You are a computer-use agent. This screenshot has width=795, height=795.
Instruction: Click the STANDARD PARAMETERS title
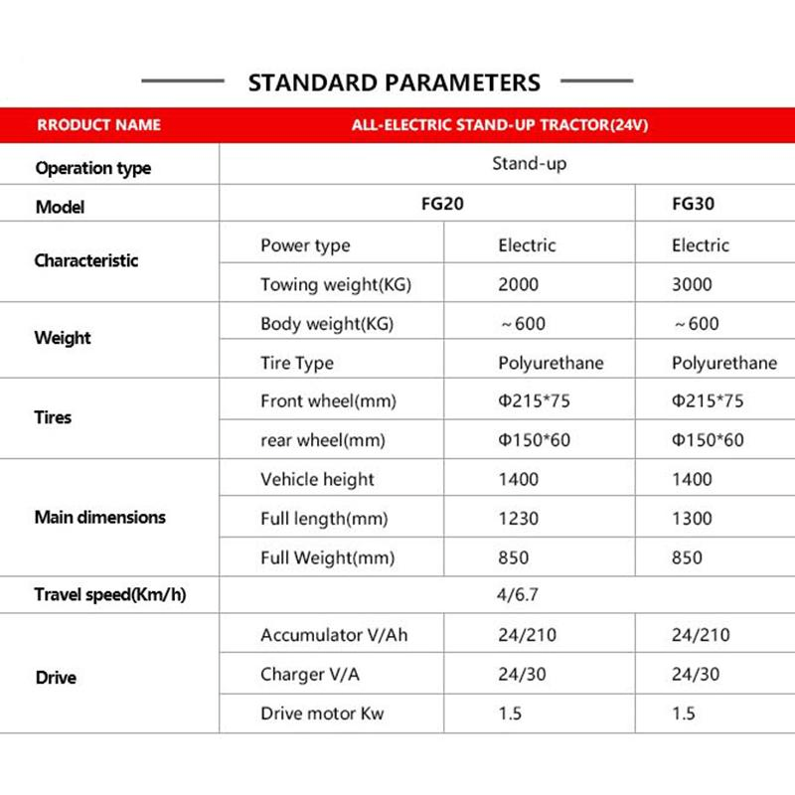[394, 81]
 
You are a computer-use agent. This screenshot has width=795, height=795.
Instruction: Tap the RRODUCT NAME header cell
[98, 126]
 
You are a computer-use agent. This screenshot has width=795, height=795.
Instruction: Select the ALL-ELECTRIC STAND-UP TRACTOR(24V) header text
[501, 126]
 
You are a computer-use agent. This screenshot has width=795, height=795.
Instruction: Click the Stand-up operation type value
[529, 164]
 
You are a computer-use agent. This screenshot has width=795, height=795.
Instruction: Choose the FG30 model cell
[694, 206]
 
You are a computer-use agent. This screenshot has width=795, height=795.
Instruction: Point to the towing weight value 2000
[518, 284]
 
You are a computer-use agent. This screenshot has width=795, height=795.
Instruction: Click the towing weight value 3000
[692, 284]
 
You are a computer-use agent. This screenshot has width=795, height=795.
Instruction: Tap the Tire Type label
[297, 363]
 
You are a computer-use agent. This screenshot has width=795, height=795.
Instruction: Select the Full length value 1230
[518, 519]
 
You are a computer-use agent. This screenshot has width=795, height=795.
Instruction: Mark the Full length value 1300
[692, 519]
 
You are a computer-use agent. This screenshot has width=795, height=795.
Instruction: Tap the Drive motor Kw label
[322, 714]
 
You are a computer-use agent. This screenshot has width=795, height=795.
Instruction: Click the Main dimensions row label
[100, 518]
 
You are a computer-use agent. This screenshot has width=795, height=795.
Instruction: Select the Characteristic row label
[86, 261]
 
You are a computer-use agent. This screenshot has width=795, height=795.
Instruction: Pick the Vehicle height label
[317, 479]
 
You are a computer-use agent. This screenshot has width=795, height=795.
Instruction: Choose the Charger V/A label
[310, 675]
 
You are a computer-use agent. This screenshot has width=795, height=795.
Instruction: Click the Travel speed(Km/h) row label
[110, 596]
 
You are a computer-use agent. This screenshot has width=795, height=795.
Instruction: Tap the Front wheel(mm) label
[328, 401]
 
